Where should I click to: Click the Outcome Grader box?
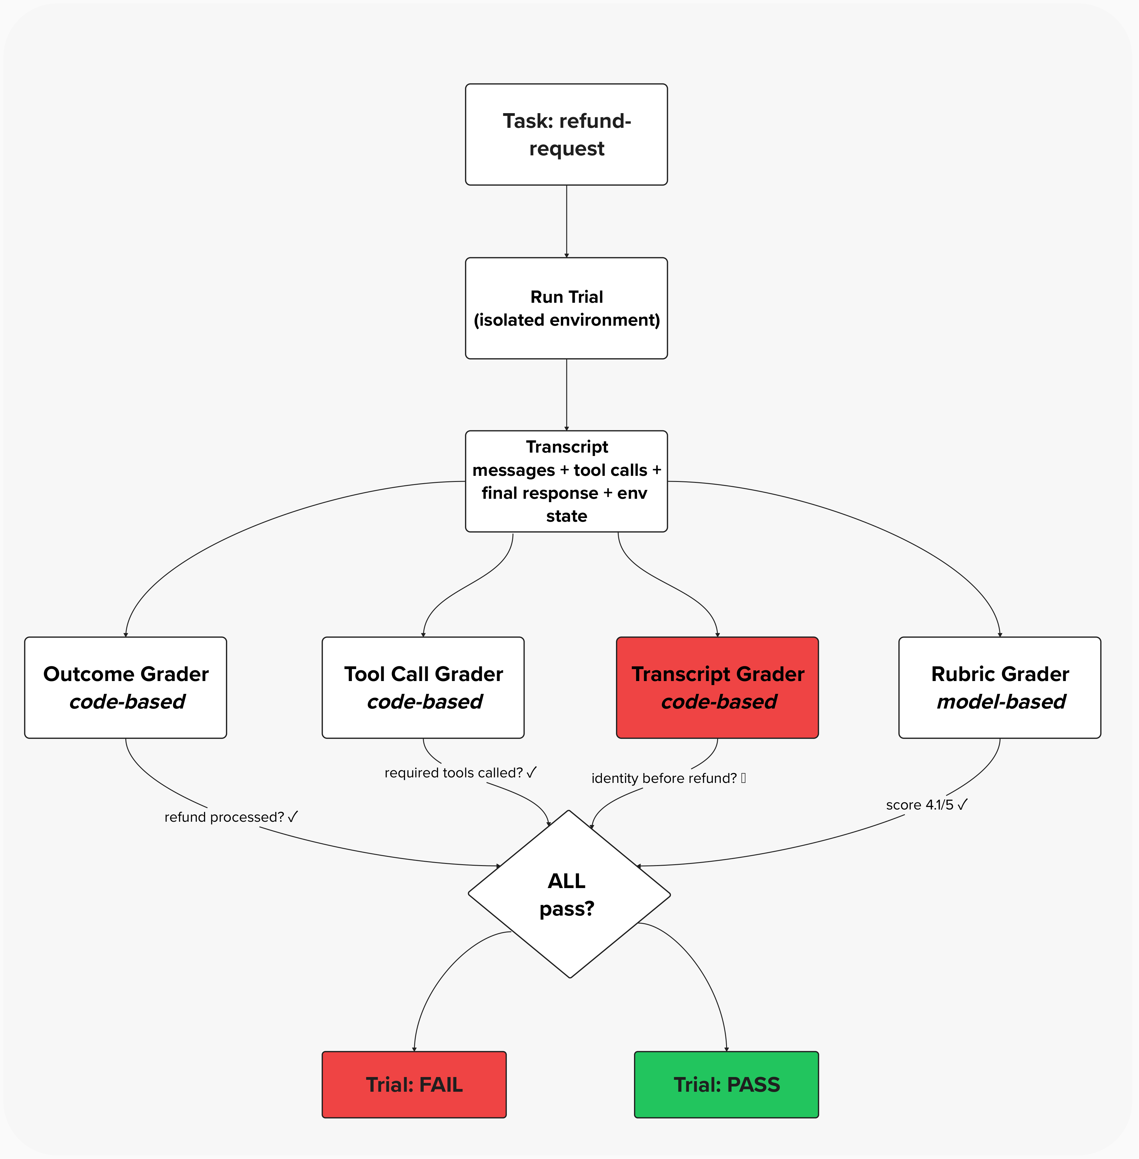click(x=126, y=687)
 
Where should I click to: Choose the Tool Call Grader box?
click(x=423, y=687)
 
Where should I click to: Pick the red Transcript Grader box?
click(x=717, y=687)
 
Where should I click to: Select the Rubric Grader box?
click(x=1000, y=687)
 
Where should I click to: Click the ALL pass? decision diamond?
click(x=568, y=894)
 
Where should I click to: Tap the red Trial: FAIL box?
click(x=414, y=1084)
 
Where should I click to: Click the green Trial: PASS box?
click(x=726, y=1084)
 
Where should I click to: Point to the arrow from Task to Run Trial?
click(x=566, y=221)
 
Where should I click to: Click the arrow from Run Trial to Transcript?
click(x=566, y=395)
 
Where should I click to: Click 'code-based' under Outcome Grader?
click(x=127, y=701)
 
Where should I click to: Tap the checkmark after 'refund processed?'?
click(x=293, y=817)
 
